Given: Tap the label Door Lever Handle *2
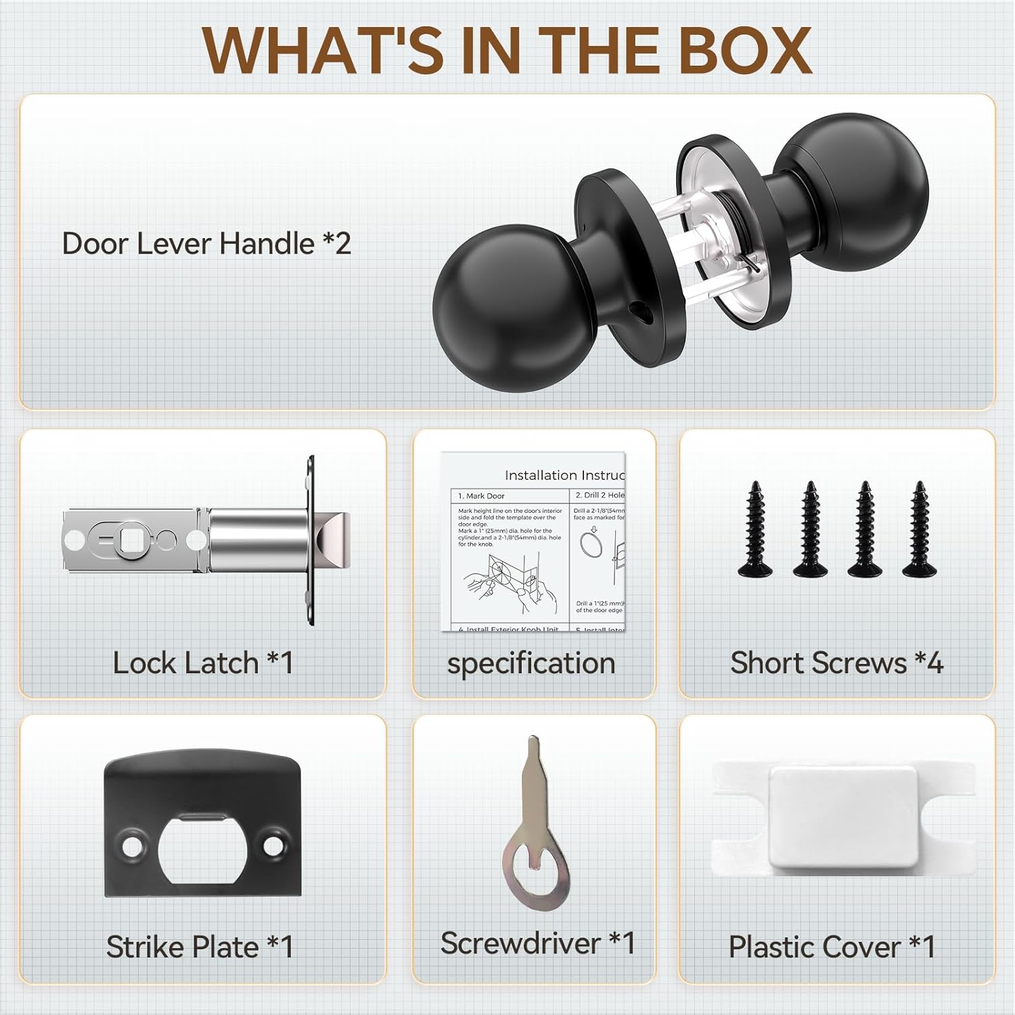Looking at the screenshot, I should [x=206, y=244].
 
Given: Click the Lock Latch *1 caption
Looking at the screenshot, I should [x=203, y=663].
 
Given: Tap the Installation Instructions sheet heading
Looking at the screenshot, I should [x=564, y=475].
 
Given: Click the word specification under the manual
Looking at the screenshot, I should [x=531, y=663].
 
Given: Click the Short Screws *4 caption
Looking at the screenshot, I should [x=836, y=663].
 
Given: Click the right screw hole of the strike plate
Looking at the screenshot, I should [x=273, y=846].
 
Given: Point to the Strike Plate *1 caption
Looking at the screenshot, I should [x=200, y=947].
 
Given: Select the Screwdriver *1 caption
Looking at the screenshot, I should [x=537, y=943].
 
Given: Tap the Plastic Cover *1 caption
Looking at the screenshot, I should [x=832, y=947].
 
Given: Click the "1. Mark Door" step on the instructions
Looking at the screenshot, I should [x=481, y=496].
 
